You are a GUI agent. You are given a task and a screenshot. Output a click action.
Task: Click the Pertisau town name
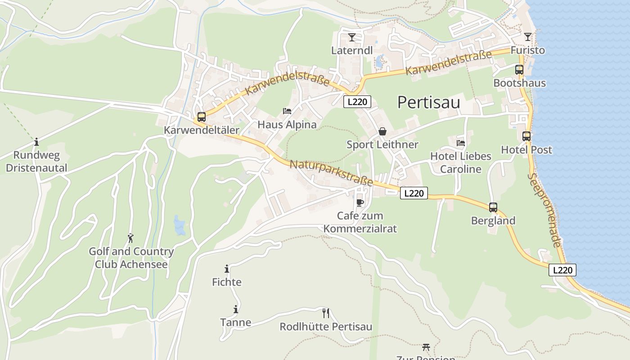(428, 103)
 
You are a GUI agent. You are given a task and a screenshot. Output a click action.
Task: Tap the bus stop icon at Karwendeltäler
(202, 117)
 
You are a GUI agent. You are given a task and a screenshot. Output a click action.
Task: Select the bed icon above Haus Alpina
(287, 111)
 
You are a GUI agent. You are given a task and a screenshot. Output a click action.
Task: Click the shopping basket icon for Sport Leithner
(382, 131)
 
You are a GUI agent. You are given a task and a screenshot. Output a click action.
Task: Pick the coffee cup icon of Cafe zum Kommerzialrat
(360, 202)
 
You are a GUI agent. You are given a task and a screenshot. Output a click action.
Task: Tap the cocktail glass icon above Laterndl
(352, 37)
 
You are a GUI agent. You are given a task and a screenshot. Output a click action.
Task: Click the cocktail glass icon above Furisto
(527, 36)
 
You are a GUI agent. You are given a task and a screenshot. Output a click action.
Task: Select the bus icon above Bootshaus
(519, 70)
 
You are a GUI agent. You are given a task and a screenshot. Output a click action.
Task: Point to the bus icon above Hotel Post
(526, 136)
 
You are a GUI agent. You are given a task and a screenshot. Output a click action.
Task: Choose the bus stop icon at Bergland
(493, 207)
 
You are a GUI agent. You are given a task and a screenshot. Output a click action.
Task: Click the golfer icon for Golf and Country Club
(130, 238)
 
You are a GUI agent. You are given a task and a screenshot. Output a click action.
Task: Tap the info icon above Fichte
(227, 269)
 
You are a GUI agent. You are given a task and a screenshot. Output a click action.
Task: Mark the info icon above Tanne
(235, 309)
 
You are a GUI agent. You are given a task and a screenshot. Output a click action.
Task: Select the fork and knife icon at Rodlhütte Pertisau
(326, 313)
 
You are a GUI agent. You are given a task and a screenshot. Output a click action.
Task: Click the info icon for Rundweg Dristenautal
(36, 142)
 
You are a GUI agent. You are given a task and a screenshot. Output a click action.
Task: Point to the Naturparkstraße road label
(331, 173)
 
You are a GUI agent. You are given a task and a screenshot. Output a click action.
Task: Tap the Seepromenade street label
(544, 210)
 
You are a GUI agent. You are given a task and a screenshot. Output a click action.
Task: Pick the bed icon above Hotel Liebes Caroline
(461, 143)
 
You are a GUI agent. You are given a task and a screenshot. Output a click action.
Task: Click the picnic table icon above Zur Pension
(426, 347)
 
